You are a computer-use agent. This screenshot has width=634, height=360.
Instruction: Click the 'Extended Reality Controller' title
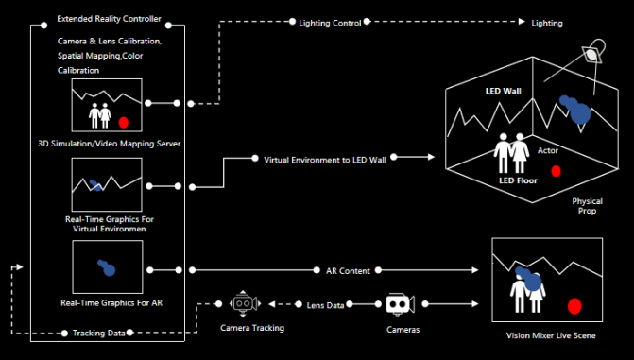click(x=110, y=19)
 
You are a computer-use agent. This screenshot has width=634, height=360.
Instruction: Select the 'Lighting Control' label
click(x=331, y=21)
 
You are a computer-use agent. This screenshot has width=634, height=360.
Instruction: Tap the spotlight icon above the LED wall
click(x=592, y=54)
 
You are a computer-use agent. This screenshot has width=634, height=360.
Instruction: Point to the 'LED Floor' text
click(x=519, y=179)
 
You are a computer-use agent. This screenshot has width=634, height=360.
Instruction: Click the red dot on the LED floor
click(x=556, y=171)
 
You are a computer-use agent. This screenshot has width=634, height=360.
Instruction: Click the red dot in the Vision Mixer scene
click(x=574, y=306)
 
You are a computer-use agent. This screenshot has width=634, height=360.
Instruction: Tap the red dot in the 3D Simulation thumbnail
click(x=124, y=122)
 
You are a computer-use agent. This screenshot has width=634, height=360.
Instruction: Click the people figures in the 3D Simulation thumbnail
click(x=100, y=115)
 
